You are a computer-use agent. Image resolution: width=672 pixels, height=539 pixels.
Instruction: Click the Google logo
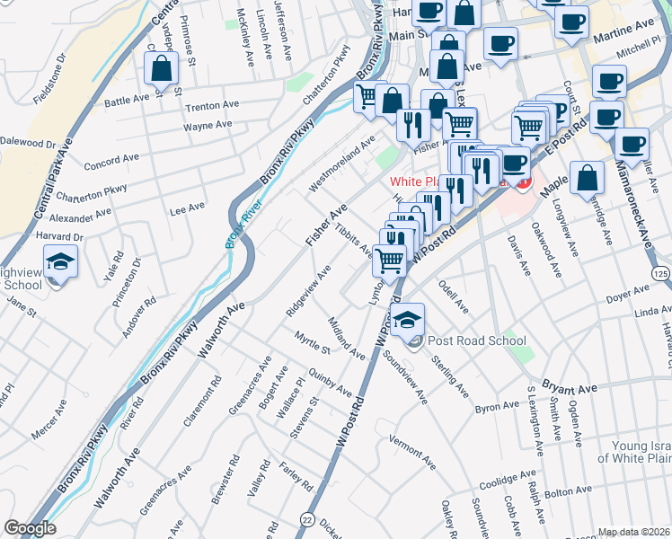(30, 527)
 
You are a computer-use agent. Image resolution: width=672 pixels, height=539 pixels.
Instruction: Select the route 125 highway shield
(660, 272)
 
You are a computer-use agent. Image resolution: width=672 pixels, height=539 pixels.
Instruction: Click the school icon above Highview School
(60, 262)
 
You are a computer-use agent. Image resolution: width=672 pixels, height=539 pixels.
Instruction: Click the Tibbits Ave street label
(353, 239)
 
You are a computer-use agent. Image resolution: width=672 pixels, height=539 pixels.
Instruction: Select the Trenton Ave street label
(208, 106)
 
